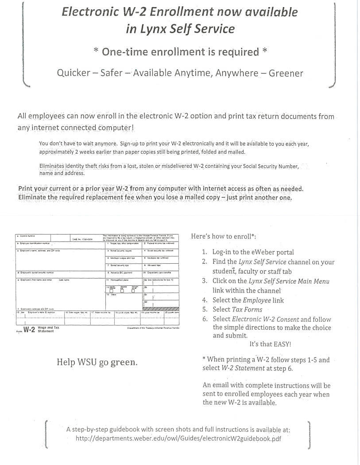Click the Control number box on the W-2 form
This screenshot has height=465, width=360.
[31, 237]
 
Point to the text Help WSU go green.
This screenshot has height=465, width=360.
[97, 362]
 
